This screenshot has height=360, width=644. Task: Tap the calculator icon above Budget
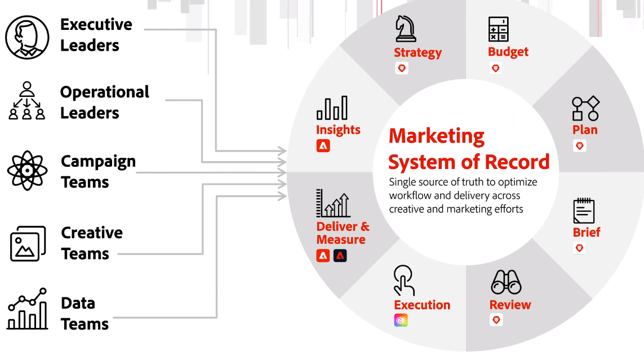pos(498,29)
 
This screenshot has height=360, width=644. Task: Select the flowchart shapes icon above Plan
pos(585,109)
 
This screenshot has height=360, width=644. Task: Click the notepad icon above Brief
pos(584,211)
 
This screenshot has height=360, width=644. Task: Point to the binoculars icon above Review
pos(505,282)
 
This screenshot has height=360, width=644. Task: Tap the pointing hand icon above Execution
pos(404,280)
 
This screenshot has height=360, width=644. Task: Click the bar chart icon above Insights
pos(332,108)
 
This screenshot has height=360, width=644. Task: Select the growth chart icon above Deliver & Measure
pos(334,203)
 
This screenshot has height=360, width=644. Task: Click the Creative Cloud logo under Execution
pos(401,321)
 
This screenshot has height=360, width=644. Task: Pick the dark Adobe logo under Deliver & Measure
pos(340,256)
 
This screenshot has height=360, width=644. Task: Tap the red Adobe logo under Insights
pos(323,146)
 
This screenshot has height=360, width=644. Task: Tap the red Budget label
pos(508,52)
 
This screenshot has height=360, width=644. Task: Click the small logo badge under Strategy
pos(401,68)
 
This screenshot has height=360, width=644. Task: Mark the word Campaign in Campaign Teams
pos(98,161)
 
